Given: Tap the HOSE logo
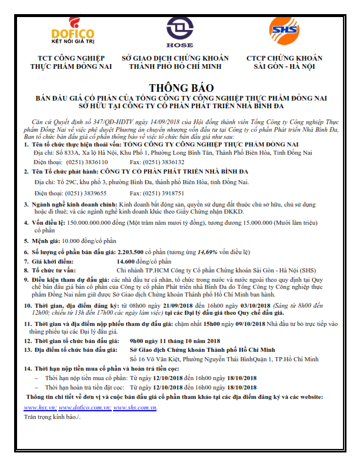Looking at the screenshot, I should tap(180, 31).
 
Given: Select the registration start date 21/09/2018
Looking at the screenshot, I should tap(176, 306).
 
